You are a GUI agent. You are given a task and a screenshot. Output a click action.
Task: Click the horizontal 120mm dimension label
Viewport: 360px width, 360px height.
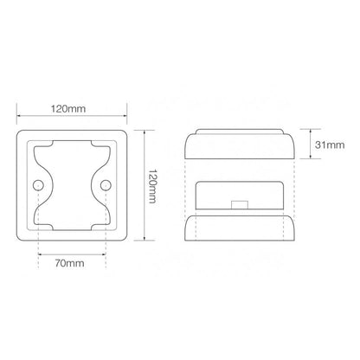[x=68, y=109]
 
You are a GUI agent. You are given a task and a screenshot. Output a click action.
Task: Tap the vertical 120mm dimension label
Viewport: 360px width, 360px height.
[x=152, y=186]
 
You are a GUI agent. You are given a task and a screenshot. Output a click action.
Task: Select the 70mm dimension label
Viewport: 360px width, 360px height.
[x=70, y=263]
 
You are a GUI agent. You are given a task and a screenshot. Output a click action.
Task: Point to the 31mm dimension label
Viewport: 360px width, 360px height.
[x=330, y=145]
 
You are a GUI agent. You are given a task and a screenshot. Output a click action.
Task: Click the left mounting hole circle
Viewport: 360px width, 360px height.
[x=38, y=185]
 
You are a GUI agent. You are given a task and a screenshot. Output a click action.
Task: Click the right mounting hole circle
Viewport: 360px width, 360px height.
[x=106, y=185]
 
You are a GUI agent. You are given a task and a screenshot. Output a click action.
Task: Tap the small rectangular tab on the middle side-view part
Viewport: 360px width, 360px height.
[x=240, y=204]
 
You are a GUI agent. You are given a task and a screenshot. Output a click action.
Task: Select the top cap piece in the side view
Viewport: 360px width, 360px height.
[x=240, y=144]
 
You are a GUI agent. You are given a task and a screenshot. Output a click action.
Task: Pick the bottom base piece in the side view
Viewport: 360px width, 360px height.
[x=240, y=228]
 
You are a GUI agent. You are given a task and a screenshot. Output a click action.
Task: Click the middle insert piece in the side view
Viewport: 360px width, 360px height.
[x=240, y=196]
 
